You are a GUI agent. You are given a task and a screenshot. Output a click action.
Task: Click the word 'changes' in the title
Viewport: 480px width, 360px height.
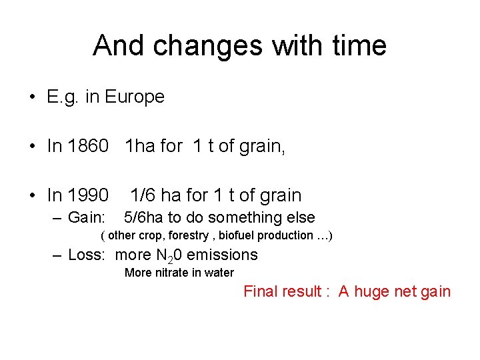[x=183, y=46]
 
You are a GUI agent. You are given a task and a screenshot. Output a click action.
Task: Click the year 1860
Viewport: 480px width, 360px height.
[x=88, y=146]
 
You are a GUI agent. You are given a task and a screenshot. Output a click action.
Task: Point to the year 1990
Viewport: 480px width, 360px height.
[x=88, y=195]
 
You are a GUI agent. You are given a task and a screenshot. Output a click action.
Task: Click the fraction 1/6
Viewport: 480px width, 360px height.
[x=143, y=195]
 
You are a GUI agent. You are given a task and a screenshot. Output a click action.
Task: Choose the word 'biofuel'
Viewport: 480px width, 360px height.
[x=237, y=235]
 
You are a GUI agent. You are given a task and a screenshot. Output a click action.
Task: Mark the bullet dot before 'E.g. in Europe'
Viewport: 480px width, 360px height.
[x=32, y=98]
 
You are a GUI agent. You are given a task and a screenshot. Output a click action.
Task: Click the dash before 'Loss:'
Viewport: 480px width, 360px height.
[x=57, y=255]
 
